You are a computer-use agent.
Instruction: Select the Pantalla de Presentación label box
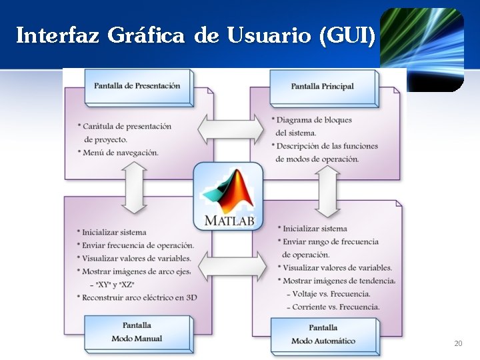coord(137,86)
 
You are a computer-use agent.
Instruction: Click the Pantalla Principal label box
coord(323,87)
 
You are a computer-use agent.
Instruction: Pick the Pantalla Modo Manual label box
coord(137,332)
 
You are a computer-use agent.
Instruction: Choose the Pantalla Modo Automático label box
coord(323,334)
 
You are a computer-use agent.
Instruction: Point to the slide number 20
coord(457,343)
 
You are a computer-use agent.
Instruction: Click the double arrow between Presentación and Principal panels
coord(231,128)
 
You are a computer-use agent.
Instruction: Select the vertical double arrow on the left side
coord(135,188)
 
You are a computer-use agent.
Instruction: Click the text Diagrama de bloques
coord(314,120)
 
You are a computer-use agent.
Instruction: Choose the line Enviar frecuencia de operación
coord(138,245)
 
